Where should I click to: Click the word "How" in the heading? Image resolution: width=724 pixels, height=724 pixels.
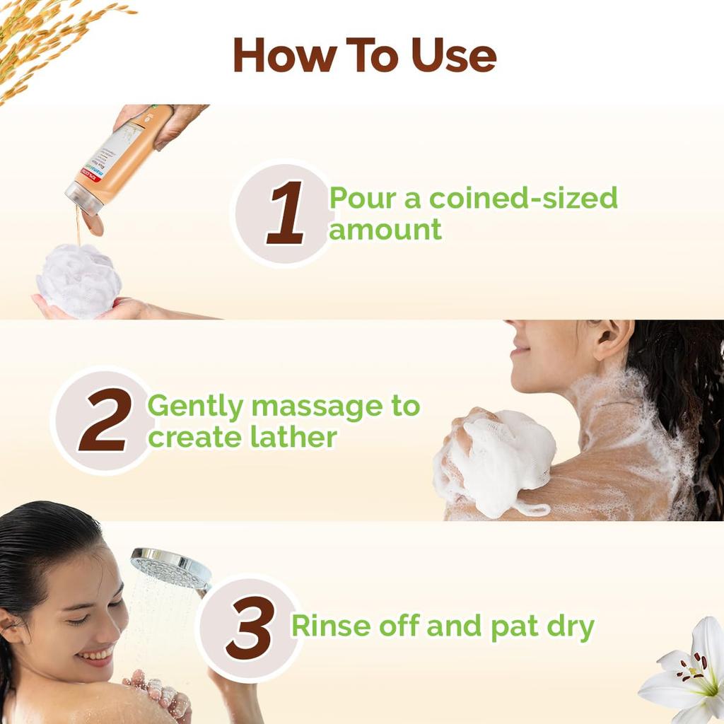[279, 56]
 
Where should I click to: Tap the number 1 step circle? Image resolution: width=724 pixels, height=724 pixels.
[285, 214]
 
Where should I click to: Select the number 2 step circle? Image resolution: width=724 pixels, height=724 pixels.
[103, 421]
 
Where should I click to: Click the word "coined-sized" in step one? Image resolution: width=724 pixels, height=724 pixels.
[523, 199]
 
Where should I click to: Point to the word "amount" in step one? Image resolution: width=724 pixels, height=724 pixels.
[385, 230]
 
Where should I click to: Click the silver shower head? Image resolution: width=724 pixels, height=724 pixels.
[170, 568]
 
